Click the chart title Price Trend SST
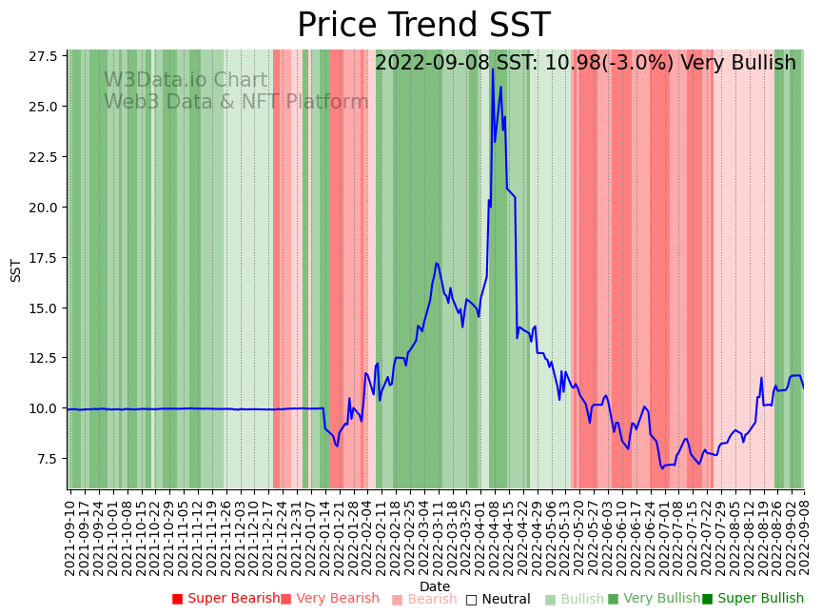[423, 26]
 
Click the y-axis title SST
[15, 269]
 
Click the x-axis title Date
[435, 586]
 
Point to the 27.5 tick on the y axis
[42, 56]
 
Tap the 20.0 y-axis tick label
[42, 208]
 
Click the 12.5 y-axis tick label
[42, 358]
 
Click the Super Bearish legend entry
[225, 599]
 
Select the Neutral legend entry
[498, 599]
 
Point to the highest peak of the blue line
[493, 69]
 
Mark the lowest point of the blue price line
[662, 468]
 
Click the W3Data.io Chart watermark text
[186, 81]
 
